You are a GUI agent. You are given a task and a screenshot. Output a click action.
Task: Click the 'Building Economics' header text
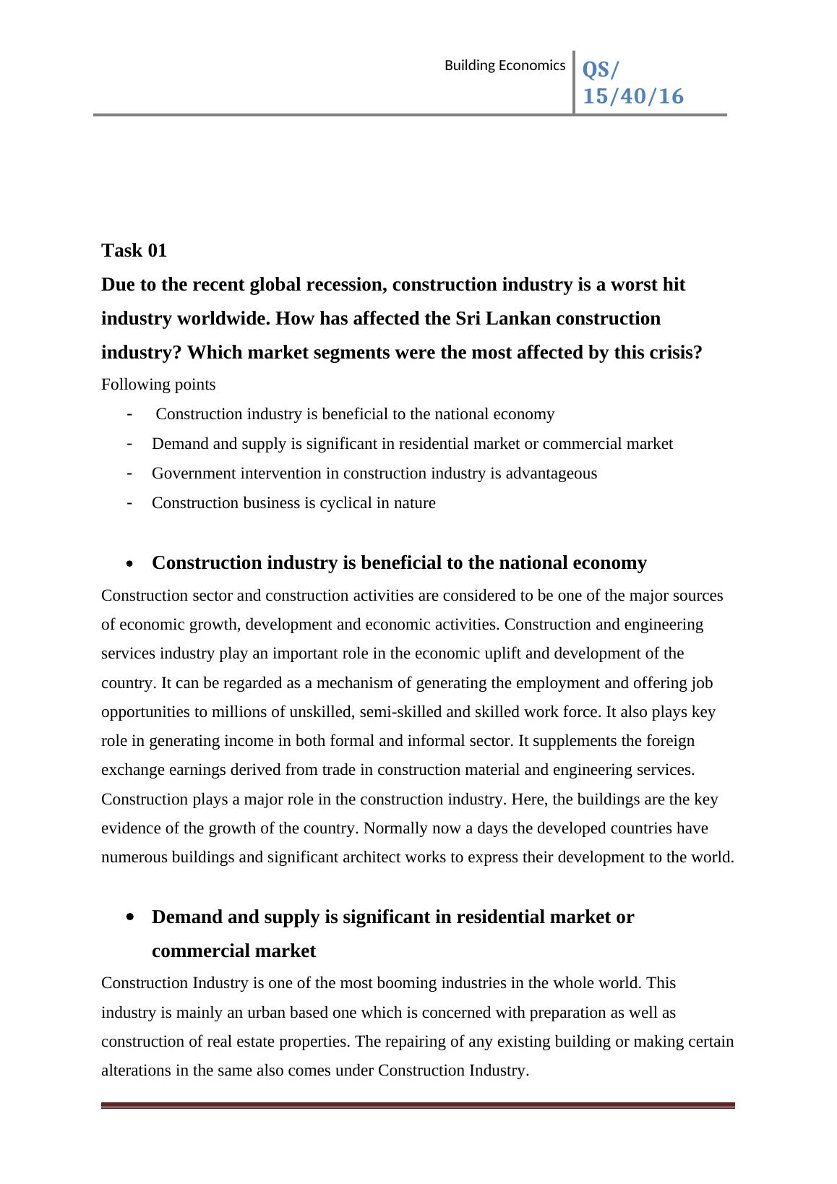point(504,66)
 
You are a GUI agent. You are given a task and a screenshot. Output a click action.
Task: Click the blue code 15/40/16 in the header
point(632,96)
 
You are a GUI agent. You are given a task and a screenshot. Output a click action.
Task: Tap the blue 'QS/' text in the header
point(601,70)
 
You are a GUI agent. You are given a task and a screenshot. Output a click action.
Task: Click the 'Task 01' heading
point(134,250)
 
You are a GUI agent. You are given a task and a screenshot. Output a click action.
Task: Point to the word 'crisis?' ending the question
point(674,352)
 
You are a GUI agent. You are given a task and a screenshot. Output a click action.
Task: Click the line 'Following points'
point(158,384)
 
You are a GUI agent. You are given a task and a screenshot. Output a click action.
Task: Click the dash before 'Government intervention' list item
point(129,473)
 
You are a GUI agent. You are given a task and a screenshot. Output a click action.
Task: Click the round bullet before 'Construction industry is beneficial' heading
point(129,564)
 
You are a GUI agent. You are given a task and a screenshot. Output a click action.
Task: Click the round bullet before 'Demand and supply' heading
point(129,917)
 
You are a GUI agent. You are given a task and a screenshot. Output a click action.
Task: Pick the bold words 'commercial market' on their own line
point(233,951)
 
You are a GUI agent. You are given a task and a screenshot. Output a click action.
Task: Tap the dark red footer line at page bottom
point(418,1104)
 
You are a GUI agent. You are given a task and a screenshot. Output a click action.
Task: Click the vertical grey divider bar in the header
point(574,82)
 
